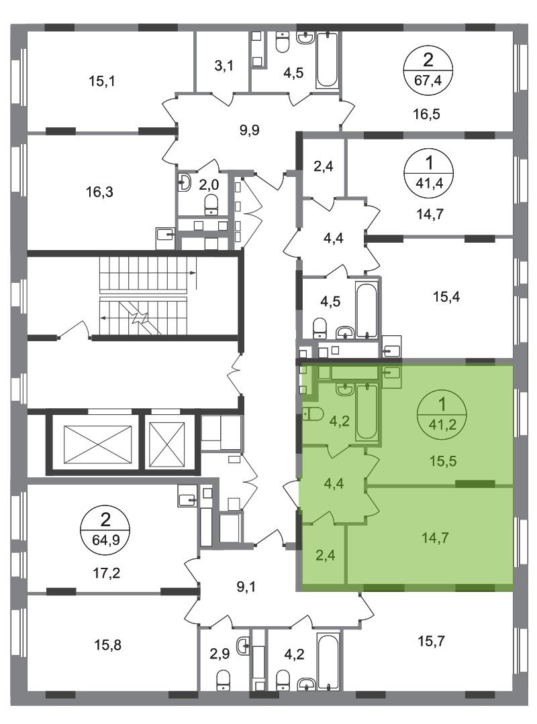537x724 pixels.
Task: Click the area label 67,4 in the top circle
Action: [x=428, y=80]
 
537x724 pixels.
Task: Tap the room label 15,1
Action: [x=102, y=81]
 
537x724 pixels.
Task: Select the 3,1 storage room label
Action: [x=224, y=66]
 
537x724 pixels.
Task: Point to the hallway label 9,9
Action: [x=249, y=130]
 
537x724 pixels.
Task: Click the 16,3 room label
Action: [x=99, y=191]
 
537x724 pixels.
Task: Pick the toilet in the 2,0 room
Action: [x=211, y=204]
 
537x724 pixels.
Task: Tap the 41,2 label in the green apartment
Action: [x=442, y=424]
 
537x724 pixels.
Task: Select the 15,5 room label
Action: [x=443, y=461]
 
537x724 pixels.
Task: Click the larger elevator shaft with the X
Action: [x=97, y=444]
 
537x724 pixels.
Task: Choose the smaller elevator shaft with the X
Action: [x=167, y=444]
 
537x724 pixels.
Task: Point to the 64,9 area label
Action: [x=105, y=539]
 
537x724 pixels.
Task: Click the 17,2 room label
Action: [x=107, y=573]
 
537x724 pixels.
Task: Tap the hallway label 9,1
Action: [x=246, y=587]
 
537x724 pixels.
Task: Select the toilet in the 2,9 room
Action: [x=224, y=680]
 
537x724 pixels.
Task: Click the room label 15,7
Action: [x=432, y=641]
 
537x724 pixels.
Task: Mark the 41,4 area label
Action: [x=430, y=183]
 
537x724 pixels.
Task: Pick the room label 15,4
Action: [x=446, y=296]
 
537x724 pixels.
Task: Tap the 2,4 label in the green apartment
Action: [x=326, y=554]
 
